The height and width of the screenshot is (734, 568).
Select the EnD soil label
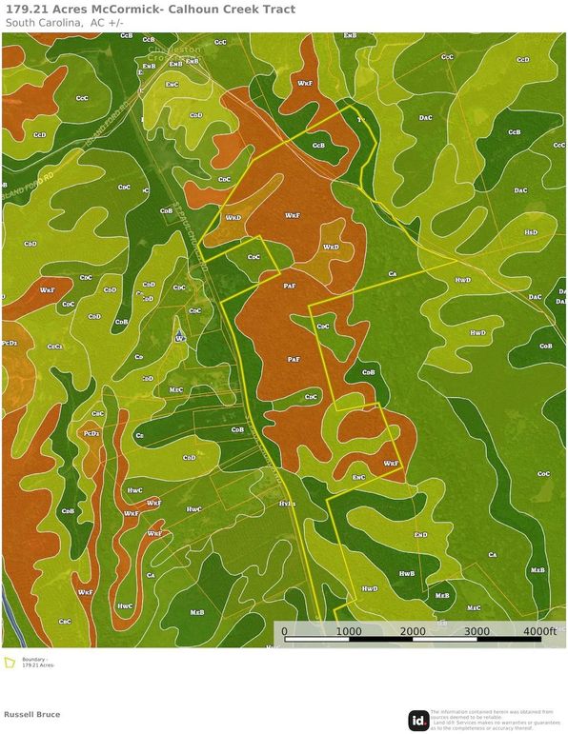[420, 535]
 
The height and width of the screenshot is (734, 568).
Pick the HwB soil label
[406, 574]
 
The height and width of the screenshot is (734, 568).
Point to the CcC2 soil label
[55, 347]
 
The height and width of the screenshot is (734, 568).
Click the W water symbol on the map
[179, 338]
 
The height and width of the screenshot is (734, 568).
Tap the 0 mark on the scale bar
[285, 631]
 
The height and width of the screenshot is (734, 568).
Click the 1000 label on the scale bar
[348, 631]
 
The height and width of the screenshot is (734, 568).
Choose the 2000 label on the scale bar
[413, 631]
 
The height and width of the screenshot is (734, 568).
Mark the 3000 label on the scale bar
[477, 631]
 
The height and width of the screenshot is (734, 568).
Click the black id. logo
[418, 721]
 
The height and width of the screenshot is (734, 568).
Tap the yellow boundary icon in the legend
[10, 663]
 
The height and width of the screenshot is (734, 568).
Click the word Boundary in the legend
[33, 659]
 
